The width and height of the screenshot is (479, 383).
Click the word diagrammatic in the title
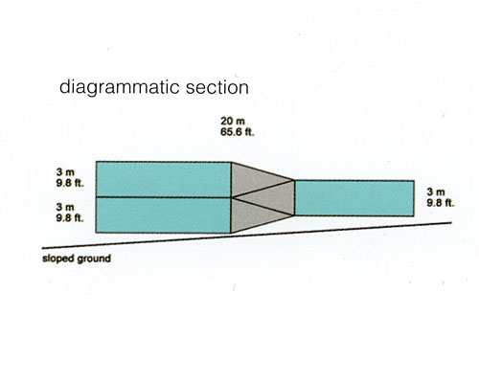120,87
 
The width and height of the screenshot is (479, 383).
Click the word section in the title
217,87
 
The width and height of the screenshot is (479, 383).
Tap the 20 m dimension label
233,121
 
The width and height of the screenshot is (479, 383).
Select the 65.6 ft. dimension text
238,132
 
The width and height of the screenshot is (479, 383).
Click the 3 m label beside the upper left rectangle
65,172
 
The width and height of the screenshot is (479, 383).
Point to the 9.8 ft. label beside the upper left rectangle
70,183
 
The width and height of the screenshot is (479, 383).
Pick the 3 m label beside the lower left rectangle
65,207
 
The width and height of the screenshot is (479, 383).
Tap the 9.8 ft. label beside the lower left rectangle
70,218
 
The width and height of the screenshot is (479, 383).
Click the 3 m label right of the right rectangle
436,191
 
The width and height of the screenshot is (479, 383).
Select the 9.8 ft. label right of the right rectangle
441,203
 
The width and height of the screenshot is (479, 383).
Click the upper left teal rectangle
164,179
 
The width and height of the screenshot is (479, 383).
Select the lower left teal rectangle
163,215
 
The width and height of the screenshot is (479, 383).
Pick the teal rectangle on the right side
354,198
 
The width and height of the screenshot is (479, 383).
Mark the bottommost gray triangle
252,216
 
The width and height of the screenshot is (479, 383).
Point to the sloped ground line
247,236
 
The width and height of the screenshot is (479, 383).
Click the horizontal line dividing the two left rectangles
164,197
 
